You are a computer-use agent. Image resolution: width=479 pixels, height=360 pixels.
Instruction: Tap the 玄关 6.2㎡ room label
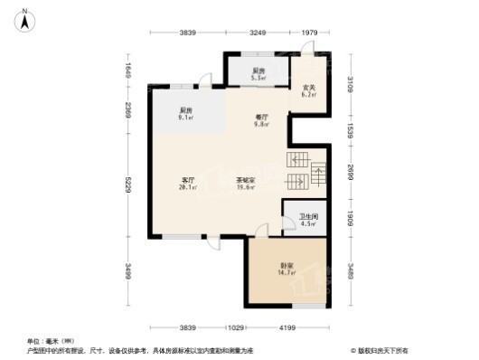coord(308,90)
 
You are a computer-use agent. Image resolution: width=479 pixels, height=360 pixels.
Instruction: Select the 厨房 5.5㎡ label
coord(258,74)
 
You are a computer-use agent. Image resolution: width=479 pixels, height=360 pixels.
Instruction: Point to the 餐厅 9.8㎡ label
coord(261,121)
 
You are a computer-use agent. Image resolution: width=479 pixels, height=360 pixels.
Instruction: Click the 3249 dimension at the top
coord(257,33)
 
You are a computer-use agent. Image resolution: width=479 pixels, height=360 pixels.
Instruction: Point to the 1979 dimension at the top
coord(309,33)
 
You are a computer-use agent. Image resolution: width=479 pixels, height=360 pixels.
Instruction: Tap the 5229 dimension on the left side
coord(129,187)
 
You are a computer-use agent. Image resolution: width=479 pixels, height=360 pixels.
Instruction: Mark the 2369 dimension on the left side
coord(129,111)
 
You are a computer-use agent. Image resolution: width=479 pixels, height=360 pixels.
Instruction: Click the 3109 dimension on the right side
coord(350,86)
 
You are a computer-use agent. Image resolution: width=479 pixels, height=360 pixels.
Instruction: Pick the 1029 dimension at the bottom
coord(236,327)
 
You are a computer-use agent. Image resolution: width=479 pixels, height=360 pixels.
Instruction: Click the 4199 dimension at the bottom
coord(287,327)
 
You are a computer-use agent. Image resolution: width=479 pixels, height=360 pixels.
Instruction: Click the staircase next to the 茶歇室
coord(306,172)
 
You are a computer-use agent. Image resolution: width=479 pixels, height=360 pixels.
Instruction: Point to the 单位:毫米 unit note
coord(44,341)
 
